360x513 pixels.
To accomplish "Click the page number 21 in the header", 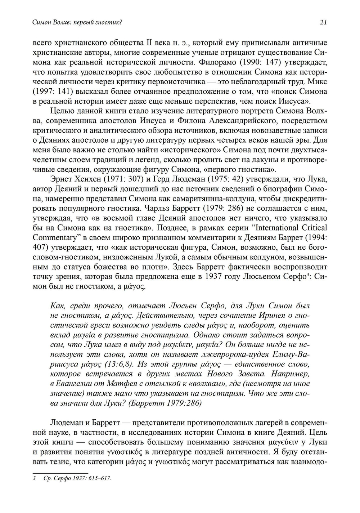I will click(323, 22).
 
